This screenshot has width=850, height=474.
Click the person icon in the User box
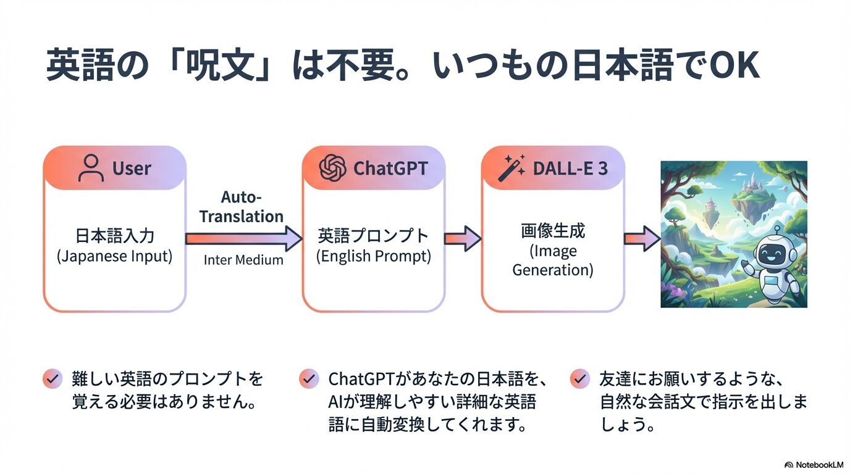91,168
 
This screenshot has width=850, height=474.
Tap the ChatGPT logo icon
332,168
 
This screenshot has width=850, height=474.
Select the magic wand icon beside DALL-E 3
511,168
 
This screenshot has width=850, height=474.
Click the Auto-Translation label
241,207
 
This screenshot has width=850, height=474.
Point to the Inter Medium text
243,260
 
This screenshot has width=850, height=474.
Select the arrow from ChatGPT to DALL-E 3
463,238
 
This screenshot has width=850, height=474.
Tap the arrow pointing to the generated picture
642,238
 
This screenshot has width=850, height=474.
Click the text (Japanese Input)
114,256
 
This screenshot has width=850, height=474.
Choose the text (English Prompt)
373,256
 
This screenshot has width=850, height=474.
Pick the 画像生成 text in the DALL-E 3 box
553,231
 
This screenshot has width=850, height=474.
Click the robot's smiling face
772,254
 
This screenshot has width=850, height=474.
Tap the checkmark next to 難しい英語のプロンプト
53,378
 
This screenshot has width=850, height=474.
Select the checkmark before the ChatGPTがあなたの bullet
308,378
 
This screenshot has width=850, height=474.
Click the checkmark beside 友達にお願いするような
579,378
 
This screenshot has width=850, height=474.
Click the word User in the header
132,168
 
